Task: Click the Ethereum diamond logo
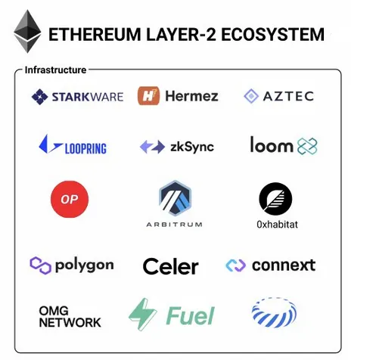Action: click(27, 31)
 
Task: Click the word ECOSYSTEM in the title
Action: click(272, 35)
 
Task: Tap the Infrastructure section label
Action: click(55, 70)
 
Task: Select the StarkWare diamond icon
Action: click(39, 97)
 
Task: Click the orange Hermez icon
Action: click(148, 96)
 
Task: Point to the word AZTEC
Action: click(288, 96)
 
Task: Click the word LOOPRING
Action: click(85, 149)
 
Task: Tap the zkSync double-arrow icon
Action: click(152, 147)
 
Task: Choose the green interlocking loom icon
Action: click(307, 146)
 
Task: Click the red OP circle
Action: click(70, 199)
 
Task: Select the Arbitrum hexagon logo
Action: click(176, 198)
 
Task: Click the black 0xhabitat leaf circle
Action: click(275, 199)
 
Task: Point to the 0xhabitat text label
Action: click(277, 225)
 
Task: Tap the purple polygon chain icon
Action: click(40, 265)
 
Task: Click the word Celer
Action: click(171, 266)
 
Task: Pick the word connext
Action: click(284, 265)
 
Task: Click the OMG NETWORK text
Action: click(70, 317)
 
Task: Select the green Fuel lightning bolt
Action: click(143, 315)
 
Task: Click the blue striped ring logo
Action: click(274, 312)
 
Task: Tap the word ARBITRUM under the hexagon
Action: click(174, 225)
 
